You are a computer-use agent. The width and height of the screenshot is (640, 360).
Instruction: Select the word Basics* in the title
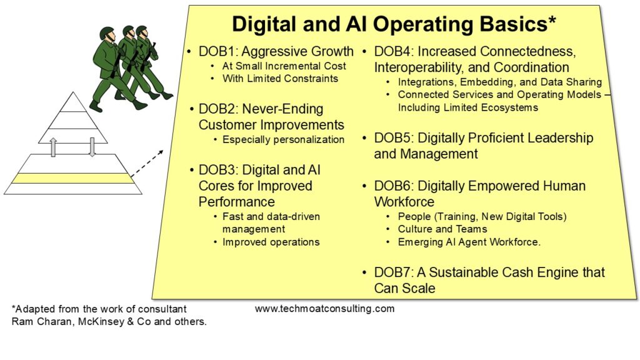[517, 24]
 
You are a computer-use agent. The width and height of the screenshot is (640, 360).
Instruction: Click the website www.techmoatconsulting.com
[324, 309]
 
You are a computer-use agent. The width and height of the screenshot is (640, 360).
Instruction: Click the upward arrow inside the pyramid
[53, 147]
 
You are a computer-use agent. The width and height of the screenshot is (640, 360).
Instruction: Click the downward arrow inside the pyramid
[92, 147]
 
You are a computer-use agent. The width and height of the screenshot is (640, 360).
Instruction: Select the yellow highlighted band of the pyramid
[72, 178]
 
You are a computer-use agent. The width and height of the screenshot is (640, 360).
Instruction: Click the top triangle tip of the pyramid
[74, 92]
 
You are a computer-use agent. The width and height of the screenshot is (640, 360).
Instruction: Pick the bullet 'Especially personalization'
[283, 139]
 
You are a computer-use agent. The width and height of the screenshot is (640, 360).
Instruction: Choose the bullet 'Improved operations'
[271, 242]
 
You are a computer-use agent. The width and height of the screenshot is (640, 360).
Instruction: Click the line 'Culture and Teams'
[442, 229]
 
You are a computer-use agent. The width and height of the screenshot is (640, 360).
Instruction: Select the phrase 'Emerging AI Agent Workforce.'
[469, 242]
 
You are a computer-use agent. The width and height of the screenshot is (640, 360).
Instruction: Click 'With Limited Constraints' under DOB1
[280, 78]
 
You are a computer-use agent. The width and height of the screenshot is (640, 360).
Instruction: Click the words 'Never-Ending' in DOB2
[282, 109]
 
